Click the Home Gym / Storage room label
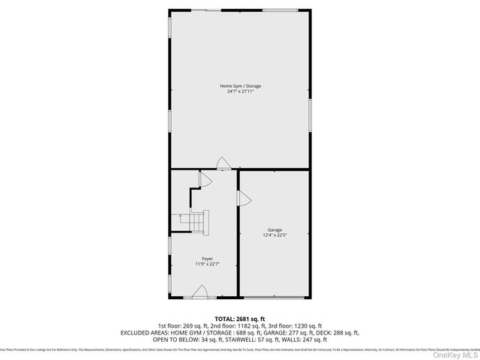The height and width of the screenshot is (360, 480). (240, 85)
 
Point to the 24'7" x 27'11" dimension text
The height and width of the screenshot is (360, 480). (240, 91)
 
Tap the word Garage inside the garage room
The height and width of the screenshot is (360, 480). (275, 229)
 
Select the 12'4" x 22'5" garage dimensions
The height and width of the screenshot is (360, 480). (275, 235)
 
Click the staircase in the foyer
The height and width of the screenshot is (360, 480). (196, 223)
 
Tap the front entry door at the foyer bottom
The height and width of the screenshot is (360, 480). (200, 292)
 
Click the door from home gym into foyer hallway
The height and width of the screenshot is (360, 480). (222, 163)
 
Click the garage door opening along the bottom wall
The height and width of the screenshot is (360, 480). (275, 298)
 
